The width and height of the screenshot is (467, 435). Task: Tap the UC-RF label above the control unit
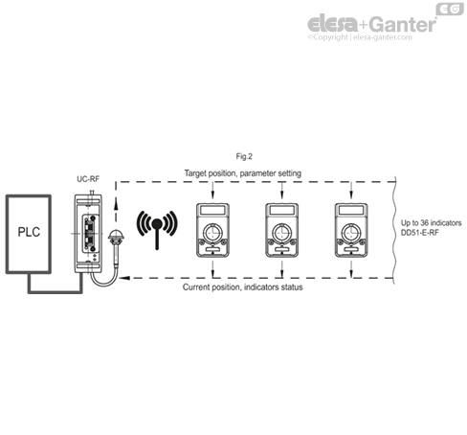click(87, 179)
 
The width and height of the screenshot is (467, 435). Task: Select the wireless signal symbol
click(154, 227)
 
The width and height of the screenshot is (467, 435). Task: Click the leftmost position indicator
click(214, 231)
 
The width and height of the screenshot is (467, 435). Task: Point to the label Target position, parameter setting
click(242, 172)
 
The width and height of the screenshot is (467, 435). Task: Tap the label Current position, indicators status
click(242, 287)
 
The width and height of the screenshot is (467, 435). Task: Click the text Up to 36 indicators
click(434, 222)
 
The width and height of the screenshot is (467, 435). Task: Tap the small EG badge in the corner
click(449, 9)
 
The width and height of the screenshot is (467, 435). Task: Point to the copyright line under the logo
click(371, 39)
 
